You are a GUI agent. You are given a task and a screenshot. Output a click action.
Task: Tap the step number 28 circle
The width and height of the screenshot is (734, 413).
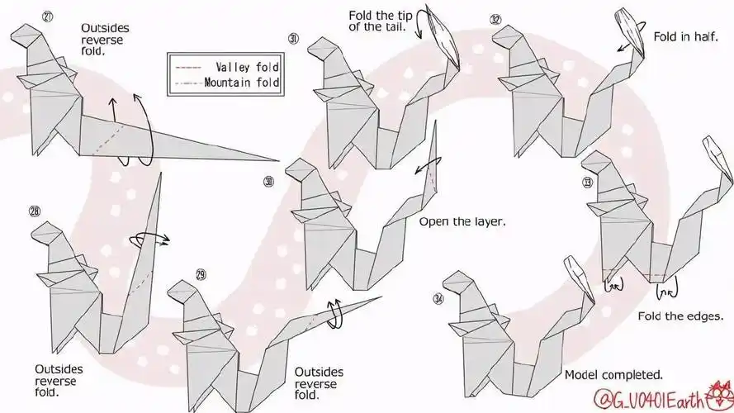pos(34,211)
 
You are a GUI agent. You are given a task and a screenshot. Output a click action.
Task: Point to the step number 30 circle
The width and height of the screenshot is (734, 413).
pos(268,181)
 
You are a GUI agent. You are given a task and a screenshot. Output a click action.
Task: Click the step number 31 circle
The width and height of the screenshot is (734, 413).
pos(293,38)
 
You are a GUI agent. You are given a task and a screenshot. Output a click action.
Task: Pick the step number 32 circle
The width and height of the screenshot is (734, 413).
pos(495,19)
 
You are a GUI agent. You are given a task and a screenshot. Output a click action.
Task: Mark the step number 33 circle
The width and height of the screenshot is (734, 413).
pos(587,182)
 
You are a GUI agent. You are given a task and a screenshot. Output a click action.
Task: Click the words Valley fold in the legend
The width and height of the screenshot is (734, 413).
pos(247,67)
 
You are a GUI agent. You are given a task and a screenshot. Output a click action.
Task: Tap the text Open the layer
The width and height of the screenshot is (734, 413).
pos(462,221)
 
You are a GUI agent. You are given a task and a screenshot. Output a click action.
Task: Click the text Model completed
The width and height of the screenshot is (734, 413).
pos(613,374)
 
